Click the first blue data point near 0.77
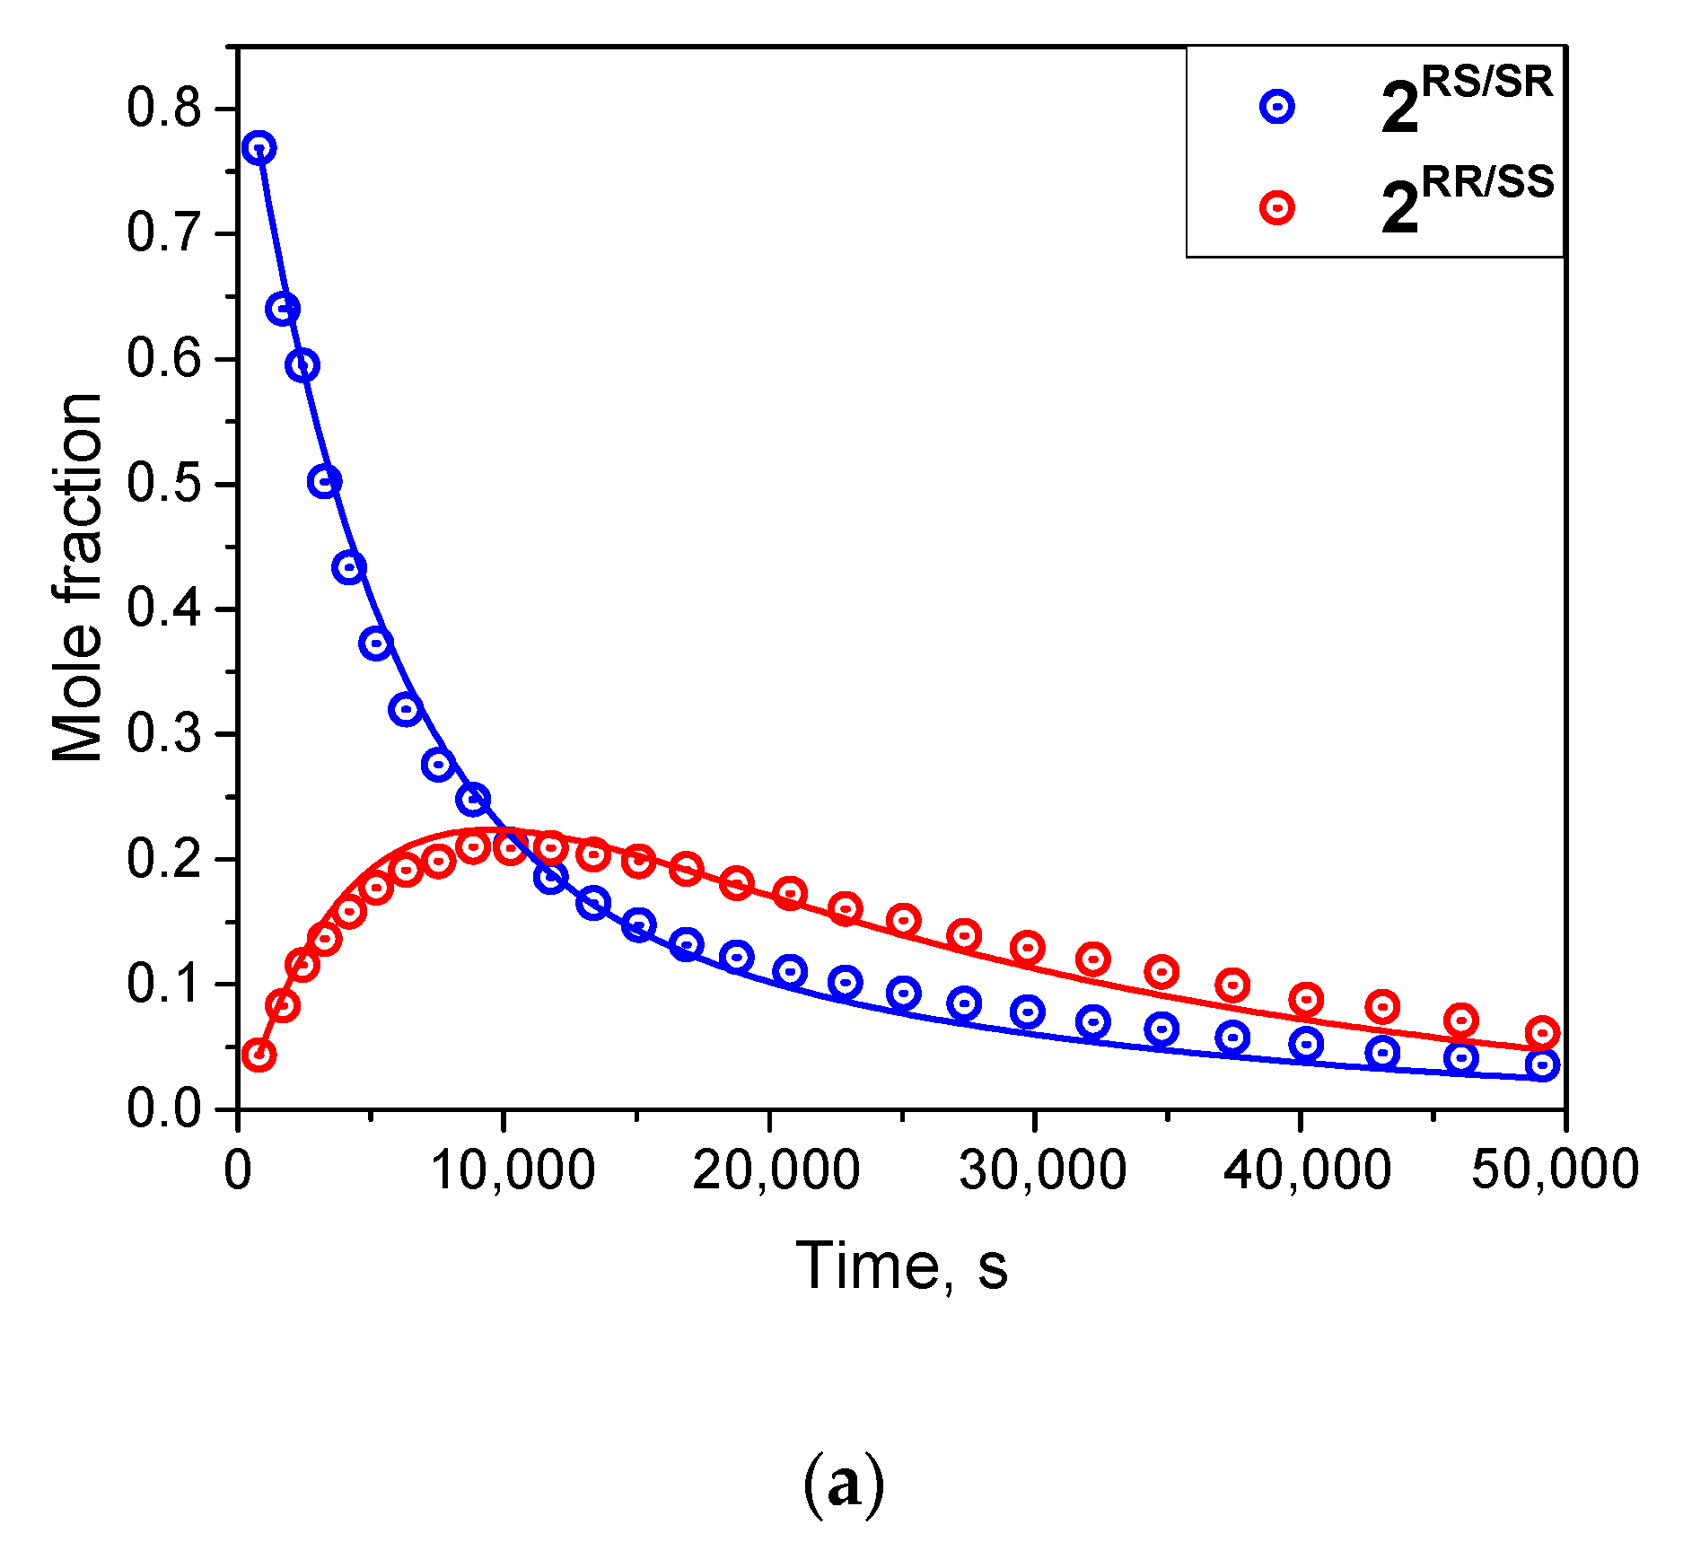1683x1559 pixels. (259, 148)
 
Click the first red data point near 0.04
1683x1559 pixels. (259, 1055)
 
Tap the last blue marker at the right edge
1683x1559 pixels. (1542, 1065)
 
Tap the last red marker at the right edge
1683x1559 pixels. (1542, 1032)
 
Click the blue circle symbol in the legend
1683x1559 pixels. (1276, 107)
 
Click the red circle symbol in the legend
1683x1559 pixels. (1276, 208)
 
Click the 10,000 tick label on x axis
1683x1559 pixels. (513, 1170)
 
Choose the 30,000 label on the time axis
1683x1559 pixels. (1042, 1170)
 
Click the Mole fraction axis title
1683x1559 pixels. (77, 577)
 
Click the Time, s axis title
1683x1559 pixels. (901, 1266)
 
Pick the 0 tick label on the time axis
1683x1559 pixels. (238, 1170)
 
